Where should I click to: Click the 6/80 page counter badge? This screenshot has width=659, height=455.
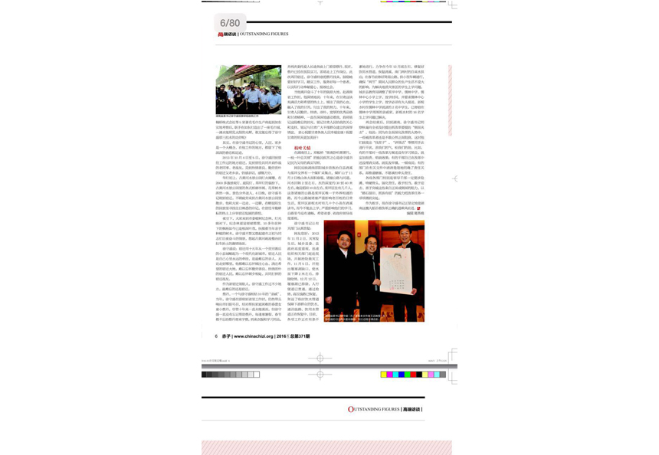229,24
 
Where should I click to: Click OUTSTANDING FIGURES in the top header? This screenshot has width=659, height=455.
265,34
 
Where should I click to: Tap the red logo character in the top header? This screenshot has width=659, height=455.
221,34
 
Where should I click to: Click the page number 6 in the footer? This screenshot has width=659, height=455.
216,336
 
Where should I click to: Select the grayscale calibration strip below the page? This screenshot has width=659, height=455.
231,375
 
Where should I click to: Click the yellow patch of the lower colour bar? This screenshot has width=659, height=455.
384,375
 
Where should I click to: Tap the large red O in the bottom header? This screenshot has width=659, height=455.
351,410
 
